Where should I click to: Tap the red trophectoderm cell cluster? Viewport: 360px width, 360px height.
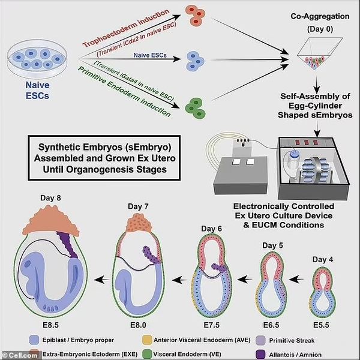tap(193, 16)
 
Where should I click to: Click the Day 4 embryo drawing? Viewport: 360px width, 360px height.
tap(329, 284)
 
